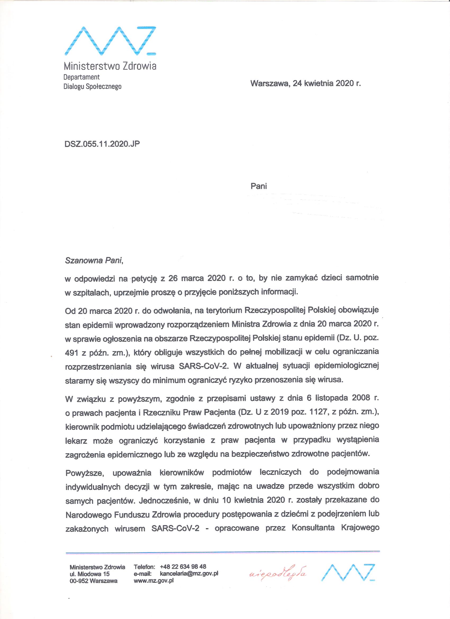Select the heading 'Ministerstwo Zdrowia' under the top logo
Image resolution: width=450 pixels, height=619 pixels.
pos(110,66)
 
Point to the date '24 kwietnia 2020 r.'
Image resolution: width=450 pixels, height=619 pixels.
pos(327,83)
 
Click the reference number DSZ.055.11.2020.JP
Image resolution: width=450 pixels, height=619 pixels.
pos(102,144)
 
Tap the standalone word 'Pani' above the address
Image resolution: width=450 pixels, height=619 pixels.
pos(258,186)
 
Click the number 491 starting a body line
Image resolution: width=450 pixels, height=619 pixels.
pos(71,352)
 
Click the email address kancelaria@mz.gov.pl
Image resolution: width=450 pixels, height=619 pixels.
pos(189,573)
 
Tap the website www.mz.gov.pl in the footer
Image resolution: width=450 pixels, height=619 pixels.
pos(154,581)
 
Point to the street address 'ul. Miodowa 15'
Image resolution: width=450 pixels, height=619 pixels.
pos(89,574)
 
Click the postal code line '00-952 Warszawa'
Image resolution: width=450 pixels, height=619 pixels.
pos(93,581)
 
